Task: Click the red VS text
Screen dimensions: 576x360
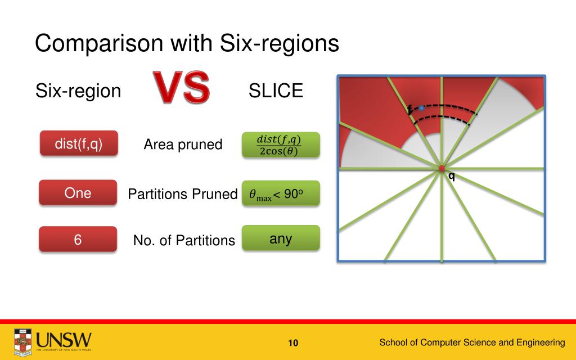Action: [x=182, y=87]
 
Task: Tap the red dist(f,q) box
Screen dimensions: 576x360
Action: [x=79, y=143]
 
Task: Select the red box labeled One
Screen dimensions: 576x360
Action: [x=78, y=192]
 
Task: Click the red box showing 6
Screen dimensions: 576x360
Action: [x=78, y=239]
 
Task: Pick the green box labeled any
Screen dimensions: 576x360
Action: [x=281, y=238]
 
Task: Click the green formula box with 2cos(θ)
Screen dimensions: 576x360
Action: [x=281, y=145]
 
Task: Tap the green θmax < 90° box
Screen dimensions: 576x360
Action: [x=281, y=193]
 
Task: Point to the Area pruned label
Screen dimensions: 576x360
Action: [x=183, y=145]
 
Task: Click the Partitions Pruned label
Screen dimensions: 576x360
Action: [x=183, y=194]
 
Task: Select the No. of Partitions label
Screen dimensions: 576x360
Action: [x=184, y=240]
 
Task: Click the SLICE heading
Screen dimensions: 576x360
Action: [x=276, y=91]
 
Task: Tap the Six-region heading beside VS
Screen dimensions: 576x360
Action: [x=78, y=91]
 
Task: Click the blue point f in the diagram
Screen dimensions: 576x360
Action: [x=421, y=108]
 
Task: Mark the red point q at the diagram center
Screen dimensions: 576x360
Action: [x=442, y=169]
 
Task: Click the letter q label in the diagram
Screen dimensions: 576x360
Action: [x=452, y=177]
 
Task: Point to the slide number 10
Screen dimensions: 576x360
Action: [x=293, y=343]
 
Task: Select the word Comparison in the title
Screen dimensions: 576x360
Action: [x=99, y=43]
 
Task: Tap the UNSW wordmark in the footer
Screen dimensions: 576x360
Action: [x=64, y=340]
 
